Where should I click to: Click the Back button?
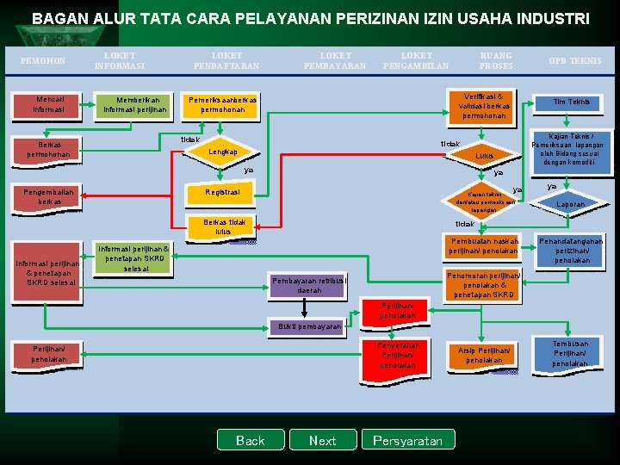(250, 440)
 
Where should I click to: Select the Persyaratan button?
(407, 440)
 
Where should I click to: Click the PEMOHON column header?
(42, 60)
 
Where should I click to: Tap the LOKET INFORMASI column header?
(120, 60)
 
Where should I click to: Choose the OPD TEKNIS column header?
(575, 60)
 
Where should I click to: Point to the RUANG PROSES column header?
(496, 60)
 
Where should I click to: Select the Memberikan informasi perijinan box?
(135, 105)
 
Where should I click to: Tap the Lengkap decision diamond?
(223, 152)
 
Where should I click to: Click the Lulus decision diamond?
(485, 156)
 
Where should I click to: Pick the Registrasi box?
(223, 192)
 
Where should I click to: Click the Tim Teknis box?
(572, 102)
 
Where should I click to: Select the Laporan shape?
(569, 204)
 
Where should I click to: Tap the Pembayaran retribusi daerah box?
(309, 286)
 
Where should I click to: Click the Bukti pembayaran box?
(309, 327)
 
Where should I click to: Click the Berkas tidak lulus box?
(223, 226)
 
